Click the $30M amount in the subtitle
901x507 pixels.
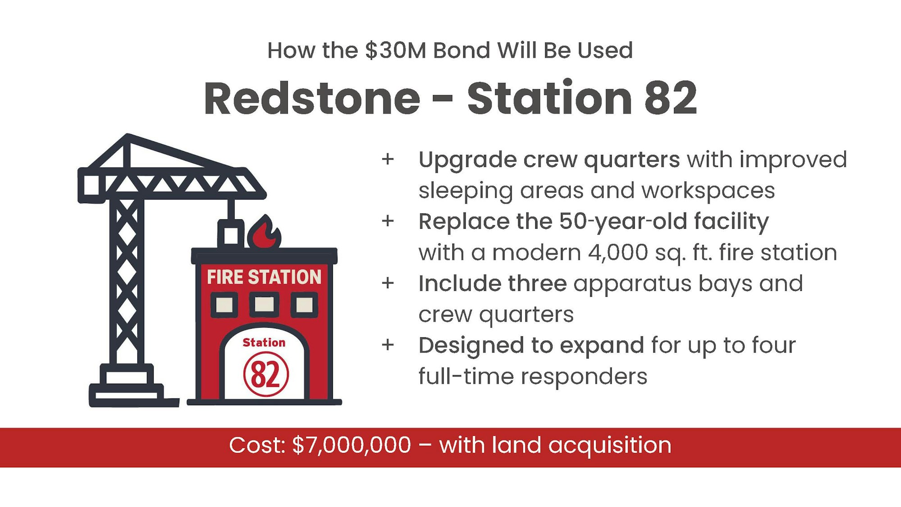(x=396, y=50)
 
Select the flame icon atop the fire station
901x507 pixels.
(x=264, y=231)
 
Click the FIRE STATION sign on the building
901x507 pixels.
(x=264, y=277)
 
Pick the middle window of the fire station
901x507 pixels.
(x=264, y=304)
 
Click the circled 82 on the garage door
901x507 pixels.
(x=266, y=374)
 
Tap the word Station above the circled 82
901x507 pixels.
(x=264, y=343)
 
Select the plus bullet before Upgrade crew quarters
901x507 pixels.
(x=387, y=159)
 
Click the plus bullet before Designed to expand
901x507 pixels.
(x=387, y=345)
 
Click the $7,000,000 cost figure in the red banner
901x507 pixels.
(x=351, y=445)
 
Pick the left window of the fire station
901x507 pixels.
(x=224, y=305)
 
